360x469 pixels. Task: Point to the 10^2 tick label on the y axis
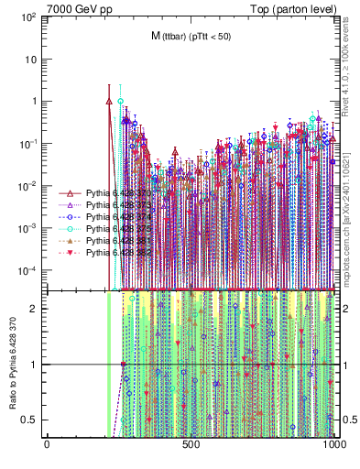pyautogui.click(x=27, y=16)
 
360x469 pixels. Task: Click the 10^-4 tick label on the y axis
pyautogui.click(x=27, y=270)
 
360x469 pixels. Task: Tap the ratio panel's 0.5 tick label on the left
pyautogui.click(x=31, y=420)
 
